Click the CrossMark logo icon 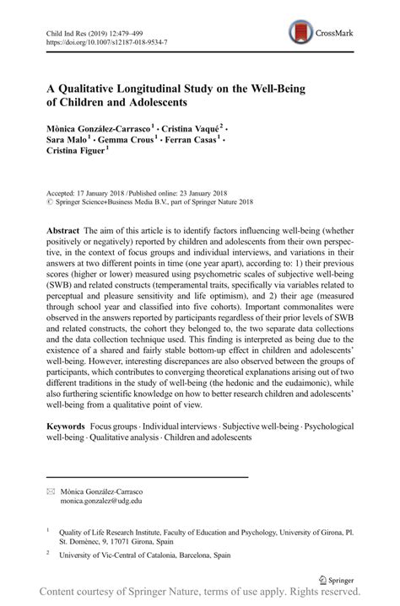point(300,32)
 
